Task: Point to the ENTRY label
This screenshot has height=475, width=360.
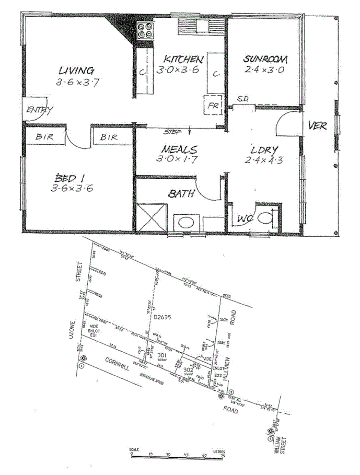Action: (40, 110)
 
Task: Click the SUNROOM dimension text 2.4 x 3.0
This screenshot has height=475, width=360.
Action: (263, 69)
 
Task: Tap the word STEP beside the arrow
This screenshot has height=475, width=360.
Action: (172, 132)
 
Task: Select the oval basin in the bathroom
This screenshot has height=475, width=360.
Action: (185, 222)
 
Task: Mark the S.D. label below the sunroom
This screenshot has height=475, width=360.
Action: (242, 99)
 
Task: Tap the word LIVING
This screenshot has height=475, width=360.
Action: (76, 70)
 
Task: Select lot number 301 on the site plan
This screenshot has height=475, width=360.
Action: (161, 356)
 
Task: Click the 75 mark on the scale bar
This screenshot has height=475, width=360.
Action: (222, 455)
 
